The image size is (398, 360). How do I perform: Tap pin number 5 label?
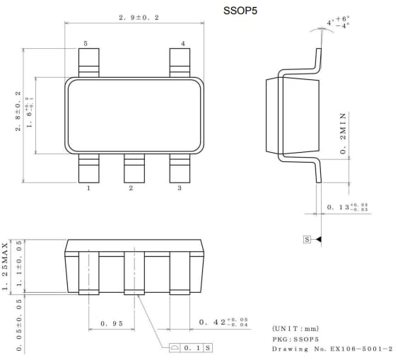click(86, 44)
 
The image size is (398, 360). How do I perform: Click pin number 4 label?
click(182, 44)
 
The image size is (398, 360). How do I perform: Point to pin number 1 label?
click(88, 188)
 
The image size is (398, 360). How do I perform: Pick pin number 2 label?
click(131, 188)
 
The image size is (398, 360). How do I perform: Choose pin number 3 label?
click(179, 188)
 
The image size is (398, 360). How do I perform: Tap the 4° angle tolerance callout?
click(338, 23)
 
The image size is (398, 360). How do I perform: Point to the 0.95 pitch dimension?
click(111, 323)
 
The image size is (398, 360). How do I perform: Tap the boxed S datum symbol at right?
click(307, 240)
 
